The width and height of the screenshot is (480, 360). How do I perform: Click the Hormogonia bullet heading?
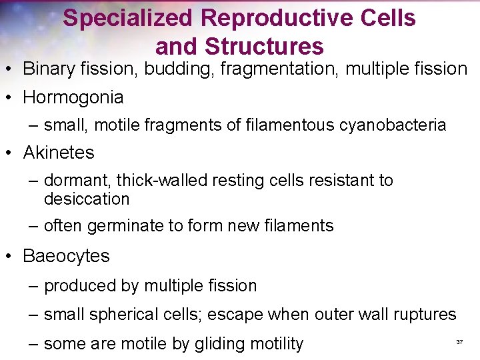(73, 97)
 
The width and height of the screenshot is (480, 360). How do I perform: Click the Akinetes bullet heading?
(59, 153)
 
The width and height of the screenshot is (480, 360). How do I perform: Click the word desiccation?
(87, 199)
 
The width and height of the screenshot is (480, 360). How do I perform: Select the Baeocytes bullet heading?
(66, 256)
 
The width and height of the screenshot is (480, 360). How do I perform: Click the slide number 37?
(459, 342)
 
